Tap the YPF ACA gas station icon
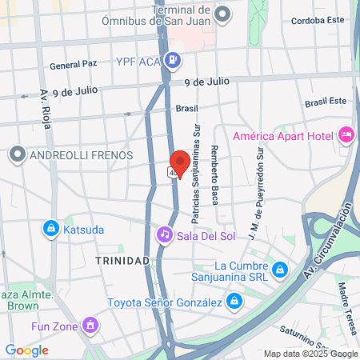coord(172,59)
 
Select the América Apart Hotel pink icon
coord(346,134)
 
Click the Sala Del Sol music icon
coord(164,234)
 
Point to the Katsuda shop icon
coord(51,229)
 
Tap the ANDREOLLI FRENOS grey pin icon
coord(17,153)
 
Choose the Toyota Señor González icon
coord(234,302)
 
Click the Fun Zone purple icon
coord(91,325)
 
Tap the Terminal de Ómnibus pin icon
coord(223,14)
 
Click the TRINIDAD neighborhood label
coord(122,262)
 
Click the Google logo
coord(26,350)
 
